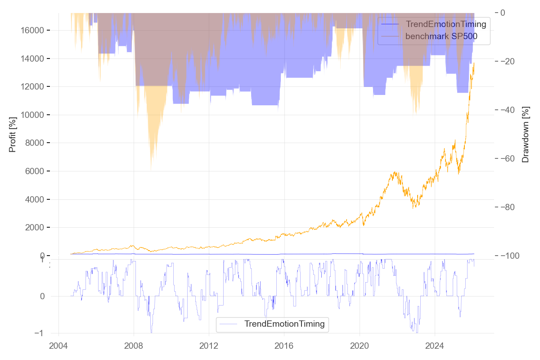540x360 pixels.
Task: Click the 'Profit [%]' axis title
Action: [13, 134]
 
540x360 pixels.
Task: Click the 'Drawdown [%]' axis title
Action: [525, 134]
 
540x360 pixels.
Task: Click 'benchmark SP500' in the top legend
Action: [441, 37]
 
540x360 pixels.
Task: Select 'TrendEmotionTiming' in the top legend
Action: [446, 24]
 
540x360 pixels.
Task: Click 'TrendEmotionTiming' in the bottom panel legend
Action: [284, 324]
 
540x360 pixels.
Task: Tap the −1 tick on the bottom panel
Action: [40, 333]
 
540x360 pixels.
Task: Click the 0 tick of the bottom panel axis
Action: [42, 296]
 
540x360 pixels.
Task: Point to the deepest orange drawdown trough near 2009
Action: [151, 169]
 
